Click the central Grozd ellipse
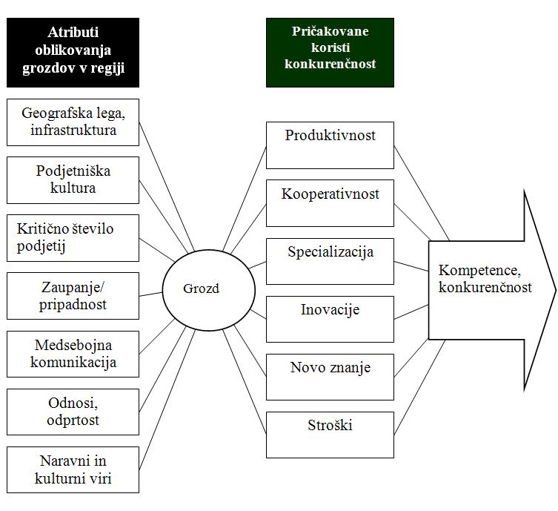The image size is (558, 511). (202, 289)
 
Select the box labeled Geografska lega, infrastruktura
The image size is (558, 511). (73, 122)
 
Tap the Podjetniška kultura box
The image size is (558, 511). (73, 179)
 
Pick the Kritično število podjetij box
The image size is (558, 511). (73, 238)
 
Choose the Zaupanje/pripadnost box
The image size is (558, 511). (73, 296)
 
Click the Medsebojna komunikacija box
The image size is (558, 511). (73, 354)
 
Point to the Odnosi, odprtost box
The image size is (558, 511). (73, 412)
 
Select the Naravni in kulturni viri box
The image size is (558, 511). (73, 469)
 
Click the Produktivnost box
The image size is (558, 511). (330, 145)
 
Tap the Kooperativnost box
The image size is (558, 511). (330, 203)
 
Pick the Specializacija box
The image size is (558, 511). (330, 261)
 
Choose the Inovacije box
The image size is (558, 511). (330, 319)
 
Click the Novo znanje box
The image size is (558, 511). (330, 377)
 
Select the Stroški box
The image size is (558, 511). (330, 435)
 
